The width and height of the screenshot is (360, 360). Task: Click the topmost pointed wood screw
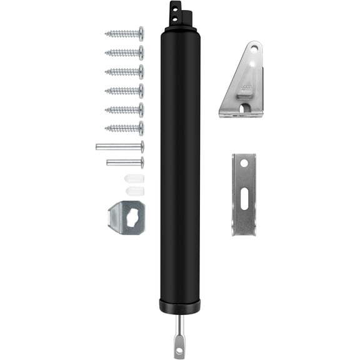tap(124, 33)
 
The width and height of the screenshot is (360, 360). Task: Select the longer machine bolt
tap(119, 147)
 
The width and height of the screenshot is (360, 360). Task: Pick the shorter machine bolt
tap(124, 162)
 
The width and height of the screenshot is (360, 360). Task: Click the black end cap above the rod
tap(179, 307)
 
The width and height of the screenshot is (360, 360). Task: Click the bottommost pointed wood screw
tap(124, 129)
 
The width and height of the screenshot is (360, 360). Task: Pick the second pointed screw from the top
tap(124, 52)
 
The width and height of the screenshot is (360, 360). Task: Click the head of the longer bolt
tap(142, 147)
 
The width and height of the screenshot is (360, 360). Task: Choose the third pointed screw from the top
tap(124, 72)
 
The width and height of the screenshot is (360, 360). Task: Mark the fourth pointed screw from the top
tap(124, 91)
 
